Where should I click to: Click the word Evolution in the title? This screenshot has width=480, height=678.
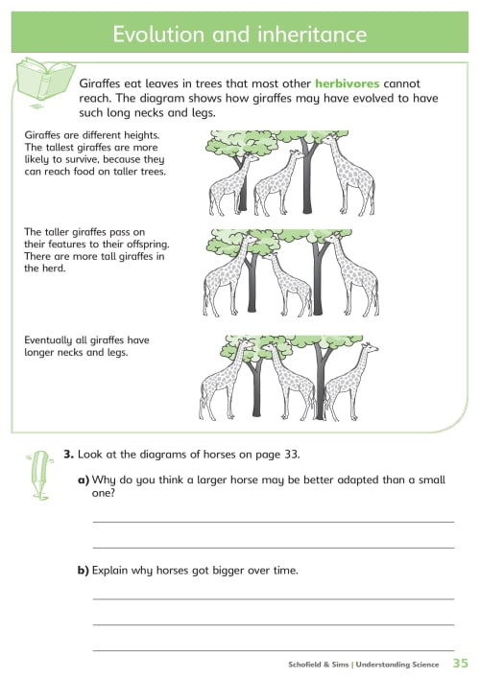158,35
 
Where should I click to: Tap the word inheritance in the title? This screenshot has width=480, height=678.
312,35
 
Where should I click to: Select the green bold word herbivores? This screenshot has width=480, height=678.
348,83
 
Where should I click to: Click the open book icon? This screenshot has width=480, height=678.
43,80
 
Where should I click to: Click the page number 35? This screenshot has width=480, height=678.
461,663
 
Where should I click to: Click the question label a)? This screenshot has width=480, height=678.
84,479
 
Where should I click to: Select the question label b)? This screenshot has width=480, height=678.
84,571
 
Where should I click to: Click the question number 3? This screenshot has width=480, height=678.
68,455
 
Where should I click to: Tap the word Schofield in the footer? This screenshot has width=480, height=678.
304,665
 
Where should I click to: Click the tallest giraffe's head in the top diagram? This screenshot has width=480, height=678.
330,139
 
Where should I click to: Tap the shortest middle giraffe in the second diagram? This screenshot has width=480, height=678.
287,284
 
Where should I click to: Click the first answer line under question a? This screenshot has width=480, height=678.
274,523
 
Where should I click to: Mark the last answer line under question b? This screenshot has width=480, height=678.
274,650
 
